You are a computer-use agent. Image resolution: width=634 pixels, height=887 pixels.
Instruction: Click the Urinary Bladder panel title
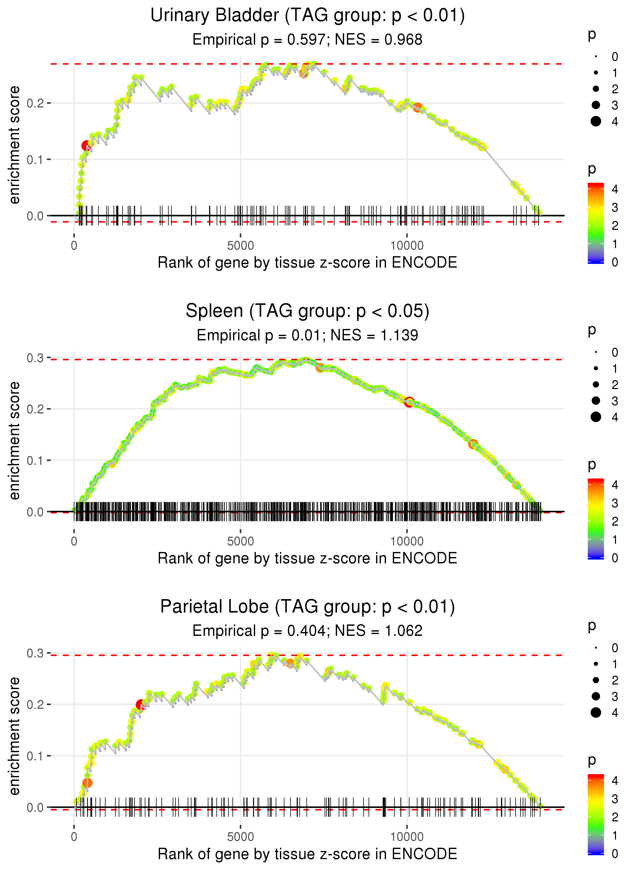click(307, 16)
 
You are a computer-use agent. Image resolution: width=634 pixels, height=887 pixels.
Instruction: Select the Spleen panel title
click(307, 311)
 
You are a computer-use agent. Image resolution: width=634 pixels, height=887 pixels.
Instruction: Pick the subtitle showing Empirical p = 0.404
click(307, 631)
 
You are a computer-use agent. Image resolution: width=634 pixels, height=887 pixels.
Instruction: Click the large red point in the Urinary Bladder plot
click(86, 146)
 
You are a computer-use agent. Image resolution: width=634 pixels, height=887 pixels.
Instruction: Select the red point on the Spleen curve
click(409, 402)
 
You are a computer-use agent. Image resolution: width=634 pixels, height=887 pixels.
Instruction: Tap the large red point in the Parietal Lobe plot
click(140, 705)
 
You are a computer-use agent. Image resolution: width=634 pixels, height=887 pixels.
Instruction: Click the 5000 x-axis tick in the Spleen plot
click(240, 541)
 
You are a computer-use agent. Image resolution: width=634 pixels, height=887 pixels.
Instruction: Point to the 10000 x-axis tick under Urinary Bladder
click(407, 246)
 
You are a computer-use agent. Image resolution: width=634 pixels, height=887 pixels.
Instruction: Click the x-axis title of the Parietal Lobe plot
click(307, 854)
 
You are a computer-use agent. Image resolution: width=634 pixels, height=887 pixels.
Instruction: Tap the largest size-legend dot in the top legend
click(596, 121)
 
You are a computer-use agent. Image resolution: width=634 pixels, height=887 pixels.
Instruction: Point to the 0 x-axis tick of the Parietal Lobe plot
click(74, 837)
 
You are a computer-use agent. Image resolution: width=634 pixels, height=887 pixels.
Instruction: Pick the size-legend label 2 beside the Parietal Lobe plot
click(615, 680)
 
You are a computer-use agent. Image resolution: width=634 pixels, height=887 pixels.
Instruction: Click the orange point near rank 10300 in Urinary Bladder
click(418, 107)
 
